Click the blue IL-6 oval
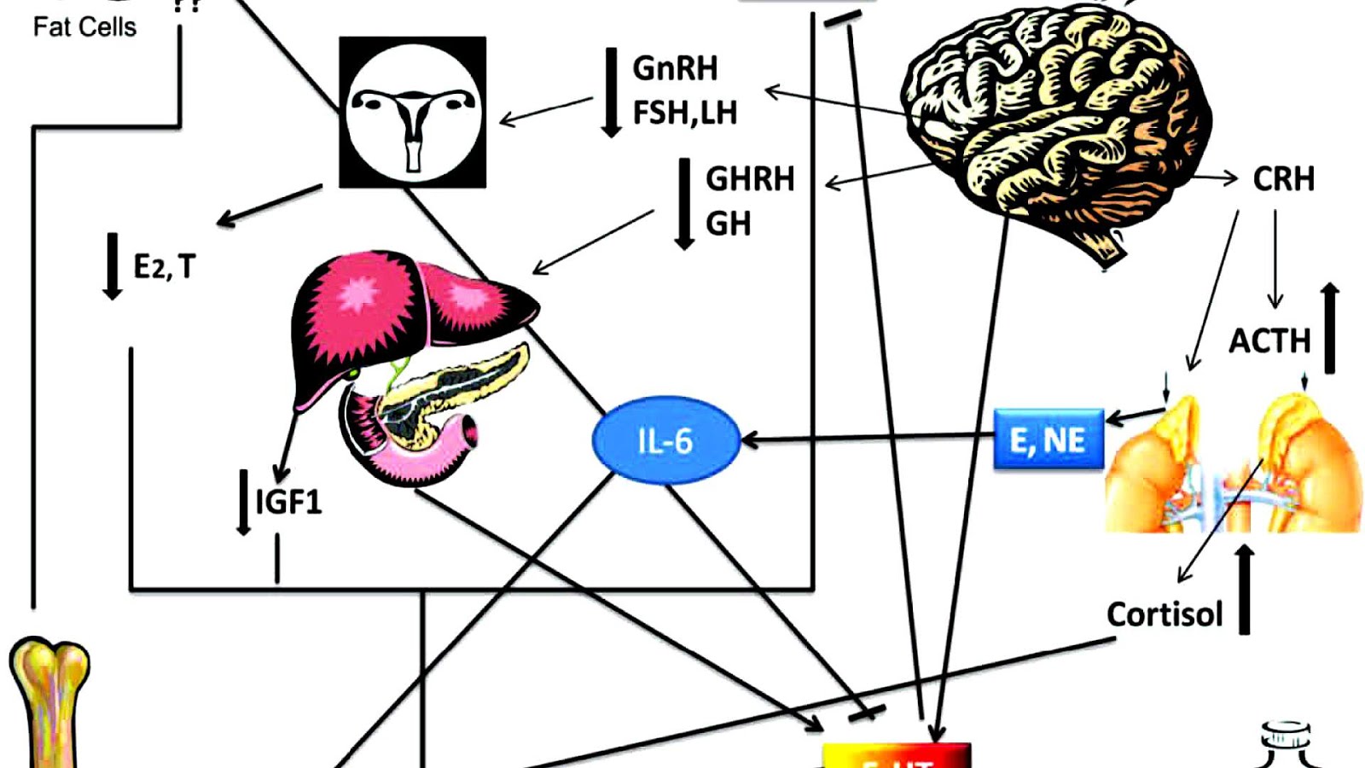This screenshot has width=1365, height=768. tap(665, 440)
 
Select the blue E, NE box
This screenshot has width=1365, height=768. tap(1048, 439)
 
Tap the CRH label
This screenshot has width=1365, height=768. tap(1283, 179)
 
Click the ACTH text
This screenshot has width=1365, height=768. tap(1269, 340)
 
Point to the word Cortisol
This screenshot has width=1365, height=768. tap(1165, 614)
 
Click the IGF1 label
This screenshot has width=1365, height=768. tap(289, 502)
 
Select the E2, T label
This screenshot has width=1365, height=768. tap(165, 266)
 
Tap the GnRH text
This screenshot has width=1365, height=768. tap(675, 68)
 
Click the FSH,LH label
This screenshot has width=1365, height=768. tap(685, 113)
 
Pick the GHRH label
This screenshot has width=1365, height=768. tap(750, 179)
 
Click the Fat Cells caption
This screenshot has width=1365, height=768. tap(84, 27)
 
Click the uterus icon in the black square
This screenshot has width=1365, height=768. tap(413, 112)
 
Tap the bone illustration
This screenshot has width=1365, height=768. tap(49, 700)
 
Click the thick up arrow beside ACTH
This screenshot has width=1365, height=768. tap(1329, 328)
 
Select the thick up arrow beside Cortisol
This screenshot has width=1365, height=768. tap(1245, 589)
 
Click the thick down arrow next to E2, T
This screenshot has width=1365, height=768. tap(112, 266)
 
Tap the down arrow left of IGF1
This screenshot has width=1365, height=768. tap(244, 502)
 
